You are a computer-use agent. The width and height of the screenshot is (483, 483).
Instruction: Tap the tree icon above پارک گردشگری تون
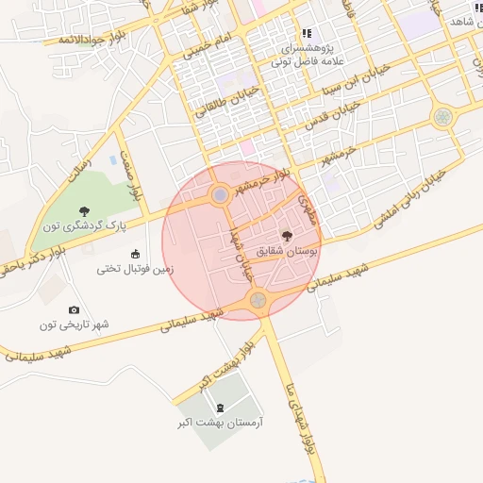point(85,210)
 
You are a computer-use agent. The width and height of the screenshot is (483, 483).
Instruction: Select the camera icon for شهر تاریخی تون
point(74,309)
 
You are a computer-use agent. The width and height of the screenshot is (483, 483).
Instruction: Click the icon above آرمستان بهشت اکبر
point(221,408)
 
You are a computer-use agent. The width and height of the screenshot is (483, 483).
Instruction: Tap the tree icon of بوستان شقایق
point(287,236)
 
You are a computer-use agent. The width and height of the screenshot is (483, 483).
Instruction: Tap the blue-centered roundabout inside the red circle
point(220,194)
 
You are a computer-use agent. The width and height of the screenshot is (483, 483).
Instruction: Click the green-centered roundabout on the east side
point(441,117)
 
